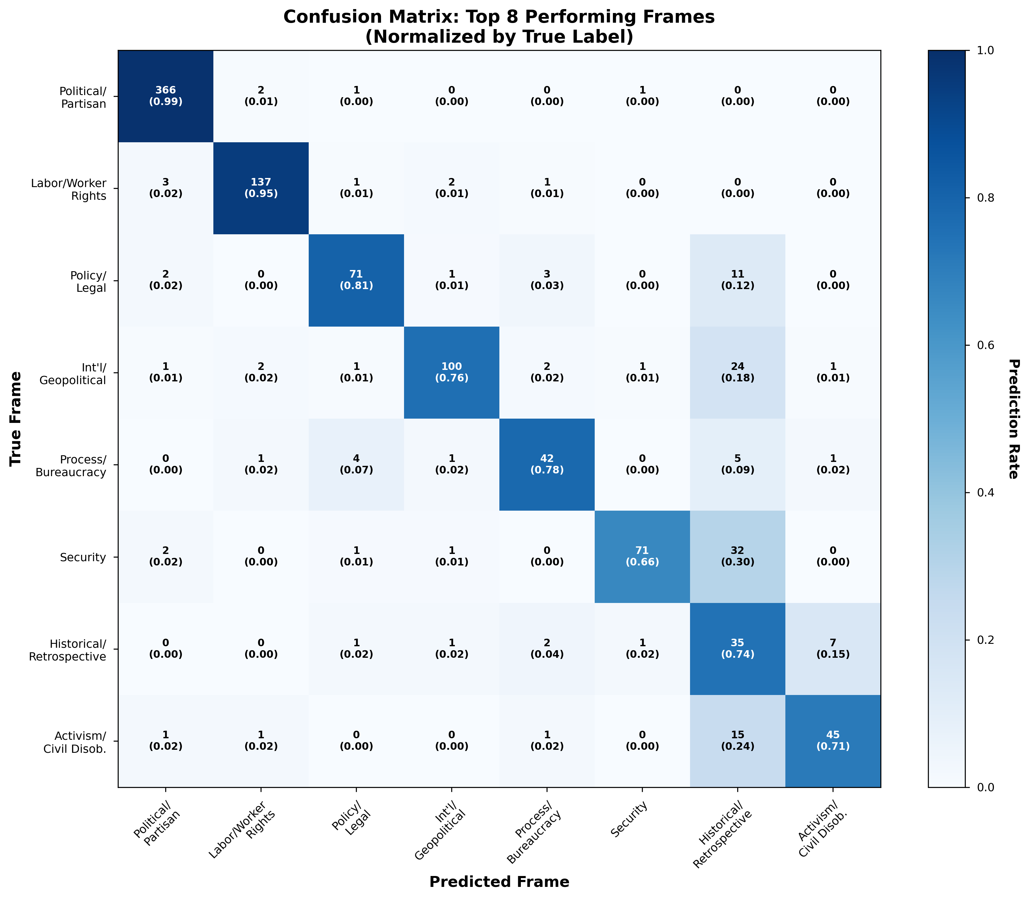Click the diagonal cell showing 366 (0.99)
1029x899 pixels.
166,96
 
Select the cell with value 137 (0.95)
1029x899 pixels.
261,188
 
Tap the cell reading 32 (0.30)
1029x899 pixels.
737,556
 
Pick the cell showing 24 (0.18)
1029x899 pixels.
737,372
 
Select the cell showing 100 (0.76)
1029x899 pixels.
451,372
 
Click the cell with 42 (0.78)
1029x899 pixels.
547,465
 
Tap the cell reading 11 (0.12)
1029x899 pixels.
737,280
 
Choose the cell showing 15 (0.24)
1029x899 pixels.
737,740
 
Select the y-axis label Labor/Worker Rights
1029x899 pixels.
69,189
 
